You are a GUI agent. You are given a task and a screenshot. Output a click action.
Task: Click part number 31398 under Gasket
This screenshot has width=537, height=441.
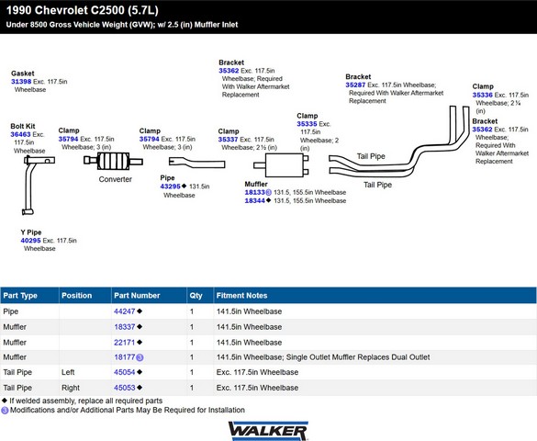(x=21, y=82)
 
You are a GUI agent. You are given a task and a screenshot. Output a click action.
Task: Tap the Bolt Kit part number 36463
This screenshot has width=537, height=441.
(x=20, y=134)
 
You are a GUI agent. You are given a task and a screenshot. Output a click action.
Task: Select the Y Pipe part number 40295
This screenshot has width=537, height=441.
(x=30, y=241)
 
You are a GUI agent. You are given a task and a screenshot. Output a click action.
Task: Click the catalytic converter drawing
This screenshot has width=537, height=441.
(x=113, y=161)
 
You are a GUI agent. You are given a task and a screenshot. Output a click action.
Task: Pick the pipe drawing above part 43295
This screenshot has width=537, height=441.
(x=197, y=163)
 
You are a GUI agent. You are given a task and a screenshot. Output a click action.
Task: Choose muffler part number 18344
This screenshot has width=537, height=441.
(x=255, y=201)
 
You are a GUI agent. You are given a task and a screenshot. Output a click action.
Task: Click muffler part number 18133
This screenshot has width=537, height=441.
(x=255, y=192)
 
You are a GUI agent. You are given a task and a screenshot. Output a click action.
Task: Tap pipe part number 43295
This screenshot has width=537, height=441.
(x=170, y=187)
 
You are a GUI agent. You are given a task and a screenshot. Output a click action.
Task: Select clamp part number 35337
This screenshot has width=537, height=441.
(x=228, y=140)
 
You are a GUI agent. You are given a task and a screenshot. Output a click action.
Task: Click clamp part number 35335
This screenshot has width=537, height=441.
(x=307, y=124)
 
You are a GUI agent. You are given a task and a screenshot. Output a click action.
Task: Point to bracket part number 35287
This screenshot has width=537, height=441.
(x=355, y=85)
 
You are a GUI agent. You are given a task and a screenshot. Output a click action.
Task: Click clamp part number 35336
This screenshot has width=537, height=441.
(x=482, y=95)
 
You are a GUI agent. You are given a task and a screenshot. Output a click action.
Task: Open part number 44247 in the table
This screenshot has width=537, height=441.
(x=125, y=311)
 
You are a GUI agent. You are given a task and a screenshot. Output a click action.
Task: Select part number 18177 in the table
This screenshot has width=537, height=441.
(x=125, y=357)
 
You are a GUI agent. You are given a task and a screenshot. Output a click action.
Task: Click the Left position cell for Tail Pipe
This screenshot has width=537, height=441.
(x=68, y=372)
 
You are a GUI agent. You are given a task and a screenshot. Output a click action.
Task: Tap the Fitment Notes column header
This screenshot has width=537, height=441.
(x=241, y=295)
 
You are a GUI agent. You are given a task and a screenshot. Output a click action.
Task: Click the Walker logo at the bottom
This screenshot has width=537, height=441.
(x=268, y=431)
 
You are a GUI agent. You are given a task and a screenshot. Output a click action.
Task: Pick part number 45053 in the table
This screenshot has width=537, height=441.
(x=125, y=388)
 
